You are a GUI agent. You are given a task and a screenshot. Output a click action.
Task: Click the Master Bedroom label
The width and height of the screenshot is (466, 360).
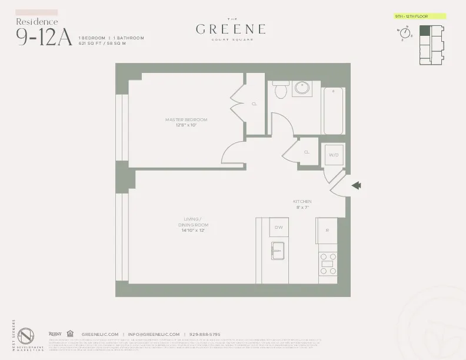click(x=186, y=122)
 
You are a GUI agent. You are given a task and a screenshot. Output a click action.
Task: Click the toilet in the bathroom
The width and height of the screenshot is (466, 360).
click(x=280, y=89)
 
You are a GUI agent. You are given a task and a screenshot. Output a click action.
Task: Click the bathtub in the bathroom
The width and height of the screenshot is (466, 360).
click(x=333, y=110)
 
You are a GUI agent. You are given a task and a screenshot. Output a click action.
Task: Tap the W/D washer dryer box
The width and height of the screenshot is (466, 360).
click(x=334, y=155)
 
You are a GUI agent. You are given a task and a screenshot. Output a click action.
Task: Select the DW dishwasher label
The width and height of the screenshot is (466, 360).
click(x=279, y=227)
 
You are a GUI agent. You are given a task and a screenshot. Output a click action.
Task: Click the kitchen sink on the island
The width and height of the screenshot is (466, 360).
click(x=277, y=251)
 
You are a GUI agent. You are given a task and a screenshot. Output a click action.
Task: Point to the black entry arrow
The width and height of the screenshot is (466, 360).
click(x=356, y=186)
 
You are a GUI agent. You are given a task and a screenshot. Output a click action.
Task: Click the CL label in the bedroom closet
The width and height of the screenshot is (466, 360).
click(x=255, y=104)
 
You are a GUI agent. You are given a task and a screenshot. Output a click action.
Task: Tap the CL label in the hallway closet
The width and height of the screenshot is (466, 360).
click(x=307, y=152)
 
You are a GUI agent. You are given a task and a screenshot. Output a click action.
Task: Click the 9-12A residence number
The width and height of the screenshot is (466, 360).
click(x=44, y=36)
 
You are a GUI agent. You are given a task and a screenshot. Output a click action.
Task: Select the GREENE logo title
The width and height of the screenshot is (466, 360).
click(x=230, y=29)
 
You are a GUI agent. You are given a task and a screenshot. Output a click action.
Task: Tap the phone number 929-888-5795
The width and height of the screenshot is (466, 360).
click(x=205, y=334)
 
